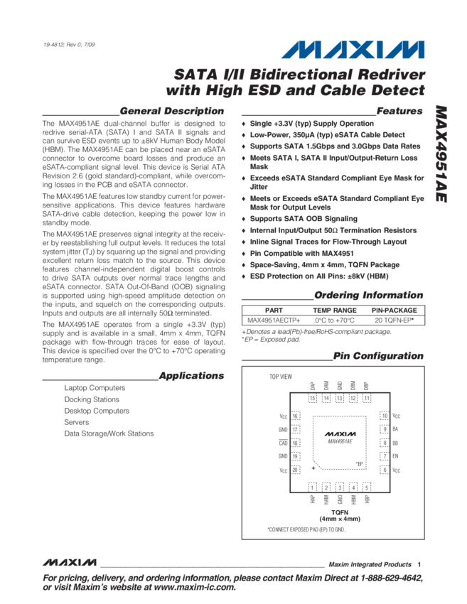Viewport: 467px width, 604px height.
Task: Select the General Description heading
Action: tap(172, 112)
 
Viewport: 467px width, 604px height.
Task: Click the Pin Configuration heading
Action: tap(379, 356)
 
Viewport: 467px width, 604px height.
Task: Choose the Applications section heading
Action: tap(191, 375)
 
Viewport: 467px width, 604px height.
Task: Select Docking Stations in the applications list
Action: tap(91, 399)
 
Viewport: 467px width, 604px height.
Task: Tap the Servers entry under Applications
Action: tap(76, 422)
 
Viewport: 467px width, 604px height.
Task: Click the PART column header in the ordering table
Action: tap(274, 311)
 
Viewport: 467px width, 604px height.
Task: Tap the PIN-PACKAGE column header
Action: tap(394, 311)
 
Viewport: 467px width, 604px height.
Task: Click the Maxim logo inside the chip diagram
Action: tap(340, 433)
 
